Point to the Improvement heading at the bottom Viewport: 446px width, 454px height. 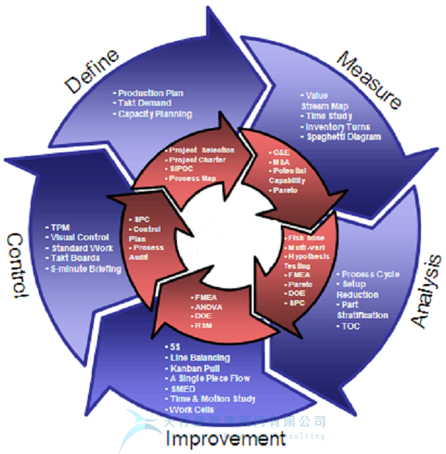225,439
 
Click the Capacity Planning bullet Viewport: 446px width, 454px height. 154,114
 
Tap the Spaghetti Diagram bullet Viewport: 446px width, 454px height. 344,137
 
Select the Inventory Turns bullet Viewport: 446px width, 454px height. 337,127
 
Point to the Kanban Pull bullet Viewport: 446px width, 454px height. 194,368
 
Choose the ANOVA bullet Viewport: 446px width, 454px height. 206,306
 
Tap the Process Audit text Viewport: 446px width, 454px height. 147,252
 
